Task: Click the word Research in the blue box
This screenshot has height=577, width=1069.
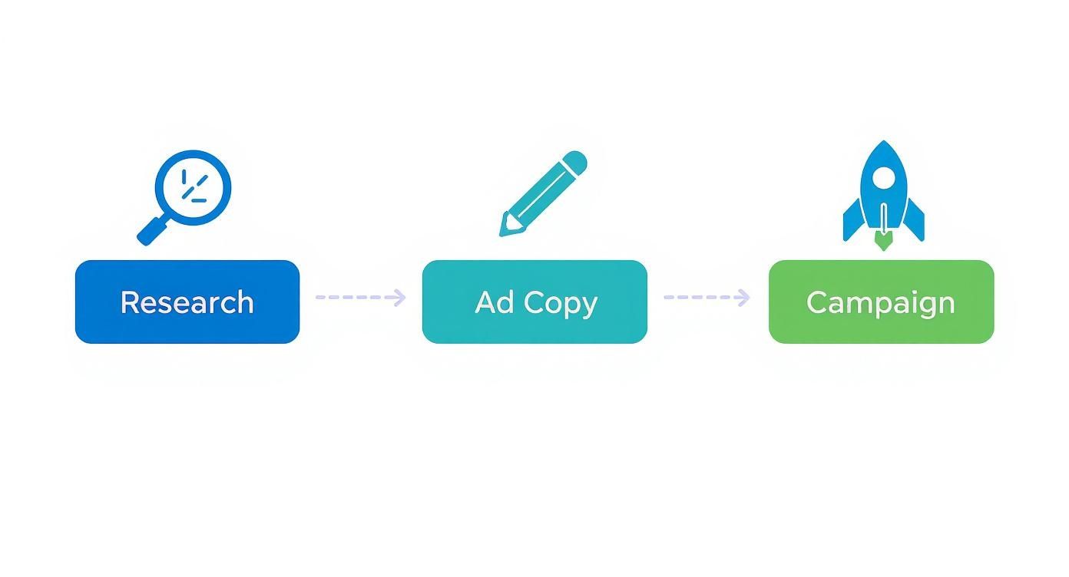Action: coord(187,302)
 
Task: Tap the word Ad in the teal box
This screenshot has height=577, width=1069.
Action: coord(494,302)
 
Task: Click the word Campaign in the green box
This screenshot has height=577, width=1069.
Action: coord(881,302)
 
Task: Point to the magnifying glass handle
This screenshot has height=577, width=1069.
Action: coord(151,230)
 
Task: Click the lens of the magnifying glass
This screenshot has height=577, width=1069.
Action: coord(193,188)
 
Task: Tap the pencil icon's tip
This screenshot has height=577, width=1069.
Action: coord(507,228)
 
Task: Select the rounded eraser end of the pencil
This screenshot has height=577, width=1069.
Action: coord(576,162)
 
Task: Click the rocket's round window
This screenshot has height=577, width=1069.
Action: coord(884,179)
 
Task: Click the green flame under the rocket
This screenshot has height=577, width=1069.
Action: coord(884,242)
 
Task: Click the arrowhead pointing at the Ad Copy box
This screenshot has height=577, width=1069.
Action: coord(400,298)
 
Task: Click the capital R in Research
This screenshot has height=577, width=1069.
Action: coord(129,302)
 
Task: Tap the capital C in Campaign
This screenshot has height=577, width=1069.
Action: coord(817,302)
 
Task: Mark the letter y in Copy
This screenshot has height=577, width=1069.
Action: coord(589,305)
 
